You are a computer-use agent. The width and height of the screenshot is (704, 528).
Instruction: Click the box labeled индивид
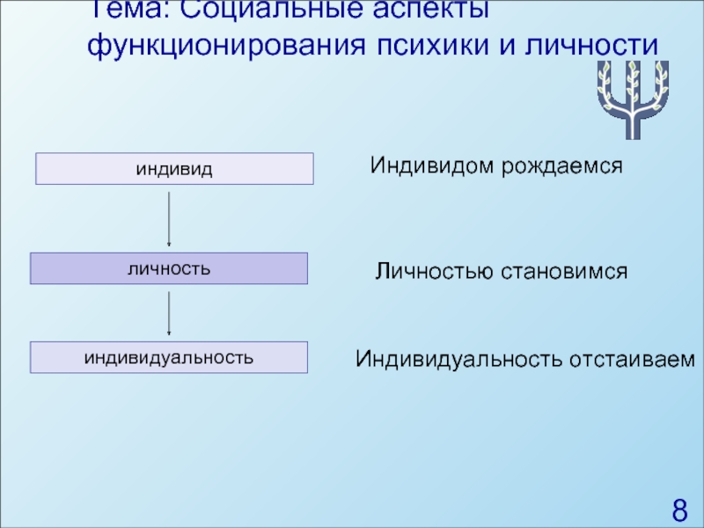pos(174,168)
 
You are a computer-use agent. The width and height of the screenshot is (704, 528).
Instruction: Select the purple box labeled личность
pos(169,268)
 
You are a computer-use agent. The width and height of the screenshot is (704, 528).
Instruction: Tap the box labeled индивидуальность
pos(169,357)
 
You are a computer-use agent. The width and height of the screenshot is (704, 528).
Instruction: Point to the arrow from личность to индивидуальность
pos(169,312)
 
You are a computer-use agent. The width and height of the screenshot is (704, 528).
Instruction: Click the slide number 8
pos(679,510)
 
